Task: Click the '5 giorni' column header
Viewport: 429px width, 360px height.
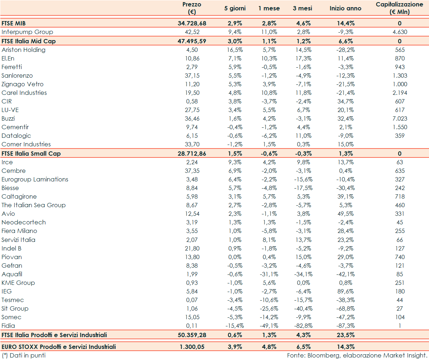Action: point(235,8)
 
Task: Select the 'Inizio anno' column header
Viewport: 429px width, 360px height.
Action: point(345,8)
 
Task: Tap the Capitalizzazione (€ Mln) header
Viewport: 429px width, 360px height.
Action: point(400,8)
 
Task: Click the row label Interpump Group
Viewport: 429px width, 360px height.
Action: point(27,32)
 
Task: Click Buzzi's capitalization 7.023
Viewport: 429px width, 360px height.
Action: point(400,118)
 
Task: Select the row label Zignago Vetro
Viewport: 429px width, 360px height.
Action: point(23,84)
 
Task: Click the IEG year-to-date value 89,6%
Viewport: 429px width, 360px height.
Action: point(345,291)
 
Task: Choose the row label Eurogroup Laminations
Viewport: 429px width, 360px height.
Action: point(35,179)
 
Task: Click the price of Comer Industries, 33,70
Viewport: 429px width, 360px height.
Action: point(192,144)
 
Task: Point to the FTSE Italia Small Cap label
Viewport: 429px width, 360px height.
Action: point(31,153)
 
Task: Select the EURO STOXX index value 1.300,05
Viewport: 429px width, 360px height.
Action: point(192,347)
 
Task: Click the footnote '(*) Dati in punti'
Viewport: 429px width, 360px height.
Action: point(23,355)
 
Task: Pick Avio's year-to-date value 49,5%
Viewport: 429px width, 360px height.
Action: point(345,214)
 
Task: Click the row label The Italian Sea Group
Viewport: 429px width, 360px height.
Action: point(34,205)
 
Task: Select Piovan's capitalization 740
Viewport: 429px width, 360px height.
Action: point(400,257)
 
